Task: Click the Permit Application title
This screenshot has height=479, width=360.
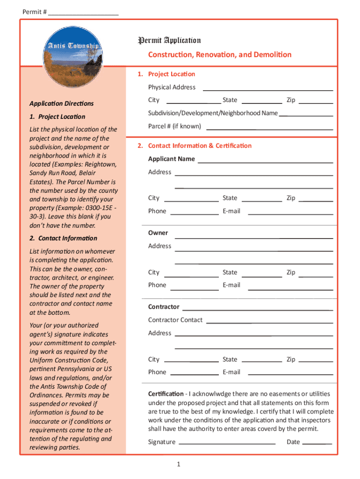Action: tap(169, 41)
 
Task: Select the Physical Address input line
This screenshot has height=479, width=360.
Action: tap(267, 89)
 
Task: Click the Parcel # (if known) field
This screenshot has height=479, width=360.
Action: tap(269, 128)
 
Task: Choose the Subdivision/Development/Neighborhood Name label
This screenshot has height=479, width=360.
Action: tap(213, 113)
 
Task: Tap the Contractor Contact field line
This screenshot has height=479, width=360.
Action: tap(269, 322)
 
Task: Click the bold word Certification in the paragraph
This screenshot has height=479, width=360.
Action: tap(166, 394)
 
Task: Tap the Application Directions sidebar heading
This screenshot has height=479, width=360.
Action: tap(61, 104)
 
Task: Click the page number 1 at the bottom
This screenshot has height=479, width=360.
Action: tap(179, 464)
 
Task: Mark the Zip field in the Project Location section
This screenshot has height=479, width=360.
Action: tap(316, 102)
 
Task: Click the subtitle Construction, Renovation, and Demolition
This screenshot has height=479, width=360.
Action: tap(220, 55)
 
